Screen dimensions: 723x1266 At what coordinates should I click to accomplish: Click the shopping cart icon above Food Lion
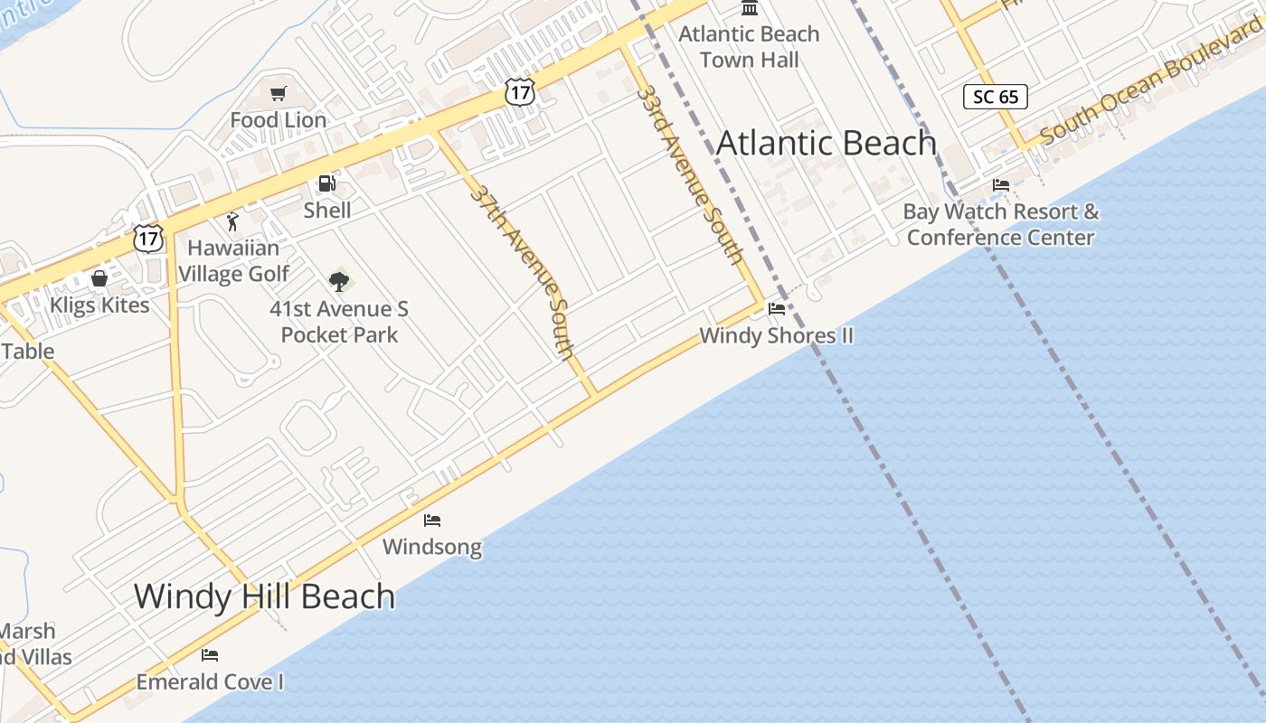click(279, 93)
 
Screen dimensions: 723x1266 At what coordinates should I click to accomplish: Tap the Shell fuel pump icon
click(326, 184)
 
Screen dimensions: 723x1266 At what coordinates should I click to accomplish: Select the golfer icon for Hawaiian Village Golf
click(232, 221)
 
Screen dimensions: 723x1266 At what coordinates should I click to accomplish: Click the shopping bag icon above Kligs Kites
click(99, 278)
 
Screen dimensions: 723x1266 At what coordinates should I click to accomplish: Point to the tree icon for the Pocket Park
click(339, 281)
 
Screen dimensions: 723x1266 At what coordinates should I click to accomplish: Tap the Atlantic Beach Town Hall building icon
click(750, 8)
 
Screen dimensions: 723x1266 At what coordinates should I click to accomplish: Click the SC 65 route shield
click(995, 96)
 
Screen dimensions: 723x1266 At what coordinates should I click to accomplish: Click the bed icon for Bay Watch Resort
click(1001, 185)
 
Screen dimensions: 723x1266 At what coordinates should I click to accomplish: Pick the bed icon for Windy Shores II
click(776, 309)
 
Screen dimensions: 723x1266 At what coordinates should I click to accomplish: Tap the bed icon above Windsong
click(432, 521)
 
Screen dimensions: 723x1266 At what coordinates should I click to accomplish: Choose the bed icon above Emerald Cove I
click(210, 655)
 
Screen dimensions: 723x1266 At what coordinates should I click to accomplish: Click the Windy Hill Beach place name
click(264, 596)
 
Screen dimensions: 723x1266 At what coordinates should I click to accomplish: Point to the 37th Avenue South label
click(523, 271)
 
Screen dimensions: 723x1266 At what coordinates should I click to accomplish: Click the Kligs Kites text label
click(99, 305)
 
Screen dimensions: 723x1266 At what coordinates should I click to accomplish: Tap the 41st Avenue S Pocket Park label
click(339, 322)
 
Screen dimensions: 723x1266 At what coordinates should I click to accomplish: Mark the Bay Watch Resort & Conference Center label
click(1001, 224)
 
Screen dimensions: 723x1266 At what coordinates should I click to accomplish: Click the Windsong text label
click(432, 547)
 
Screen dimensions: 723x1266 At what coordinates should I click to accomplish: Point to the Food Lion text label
click(279, 119)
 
